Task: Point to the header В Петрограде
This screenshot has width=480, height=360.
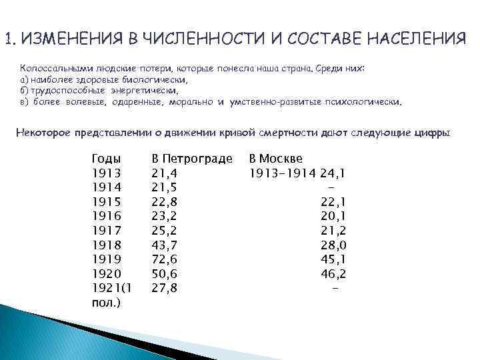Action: point(192,159)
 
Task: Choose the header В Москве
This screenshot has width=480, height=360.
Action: point(275,159)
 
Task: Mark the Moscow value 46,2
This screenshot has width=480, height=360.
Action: point(333,274)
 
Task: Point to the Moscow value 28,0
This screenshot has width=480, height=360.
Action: point(333,245)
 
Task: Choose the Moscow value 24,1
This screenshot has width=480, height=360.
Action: point(333,173)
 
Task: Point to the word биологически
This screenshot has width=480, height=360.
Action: point(159,79)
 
